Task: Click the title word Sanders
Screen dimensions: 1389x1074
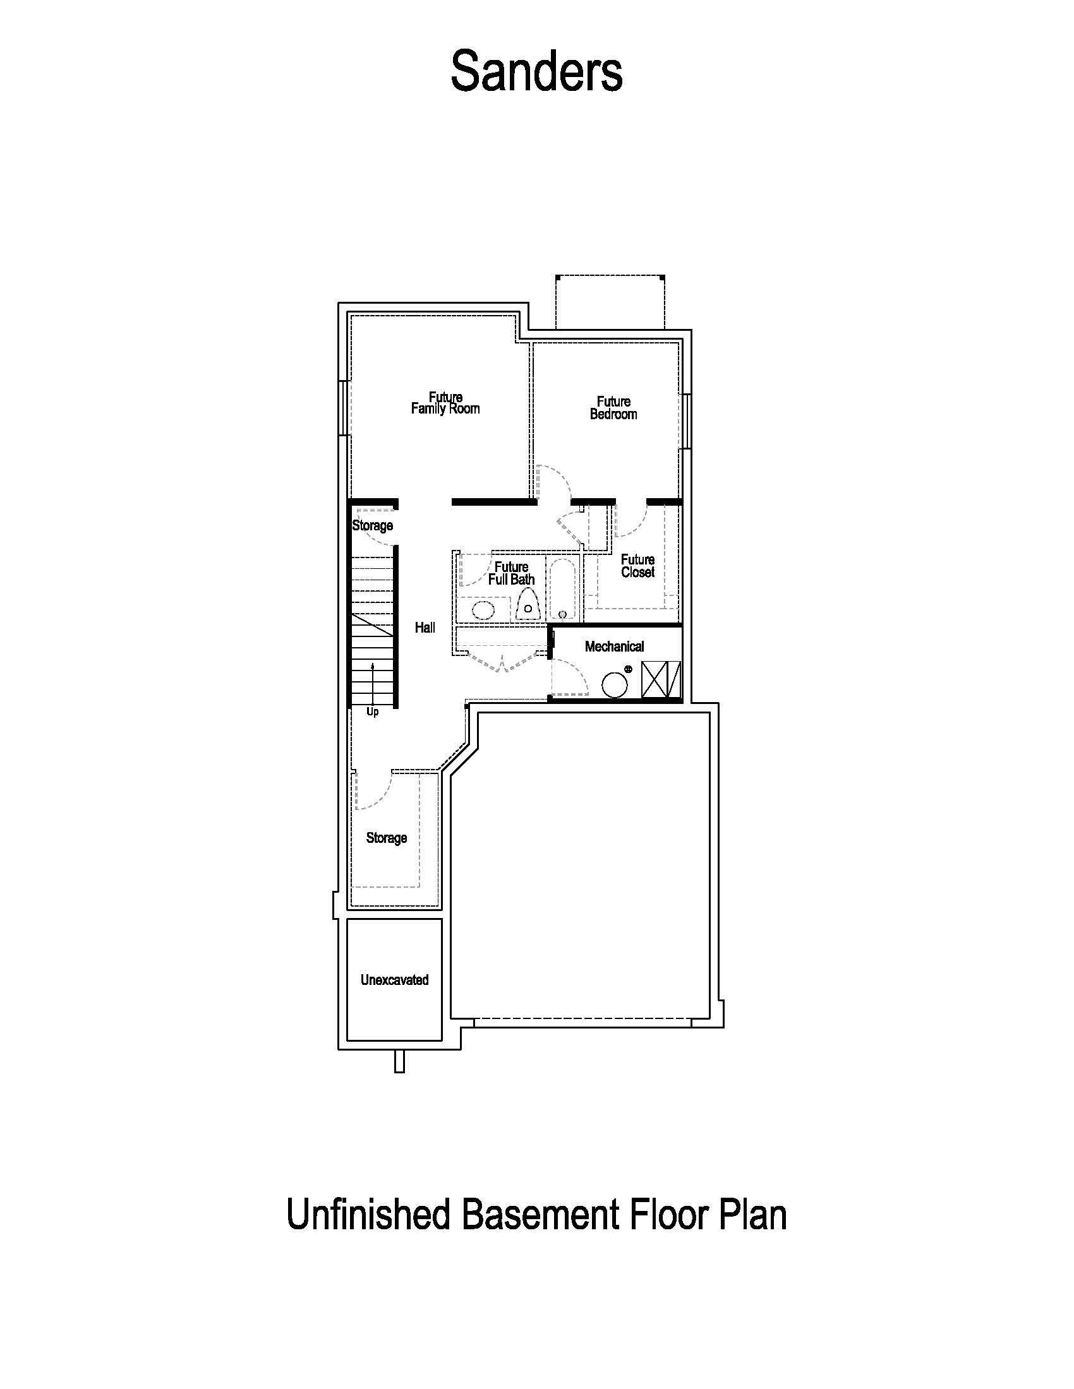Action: [x=536, y=72]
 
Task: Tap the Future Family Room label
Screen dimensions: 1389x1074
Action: [x=445, y=403]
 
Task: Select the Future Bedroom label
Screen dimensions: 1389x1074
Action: [x=613, y=408]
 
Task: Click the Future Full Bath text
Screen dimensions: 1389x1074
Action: [x=511, y=573]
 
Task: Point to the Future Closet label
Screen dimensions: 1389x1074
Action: [x=637, y=566]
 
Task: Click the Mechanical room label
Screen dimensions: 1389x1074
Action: [x=614, y=647]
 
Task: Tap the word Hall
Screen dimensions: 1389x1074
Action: [x=425, y=628]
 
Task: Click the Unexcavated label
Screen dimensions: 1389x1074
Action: [x=394, y=980]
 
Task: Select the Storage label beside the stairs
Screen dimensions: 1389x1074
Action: [x=372, y=525]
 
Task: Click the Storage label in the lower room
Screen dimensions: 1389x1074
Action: [x=386, y=838]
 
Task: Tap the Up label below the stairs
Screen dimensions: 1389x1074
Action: [x=372, y=712]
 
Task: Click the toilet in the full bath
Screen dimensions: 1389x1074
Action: [x=528, y=604]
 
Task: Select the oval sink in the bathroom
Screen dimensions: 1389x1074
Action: [x=483, y=610]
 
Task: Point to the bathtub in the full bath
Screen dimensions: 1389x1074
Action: [x=562, y=588]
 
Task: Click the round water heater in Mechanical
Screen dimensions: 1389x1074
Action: [x=615, y=685]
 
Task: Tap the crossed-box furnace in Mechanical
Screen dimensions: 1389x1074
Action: [x=660, y=679]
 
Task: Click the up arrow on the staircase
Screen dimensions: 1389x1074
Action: [x=373, y=674]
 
